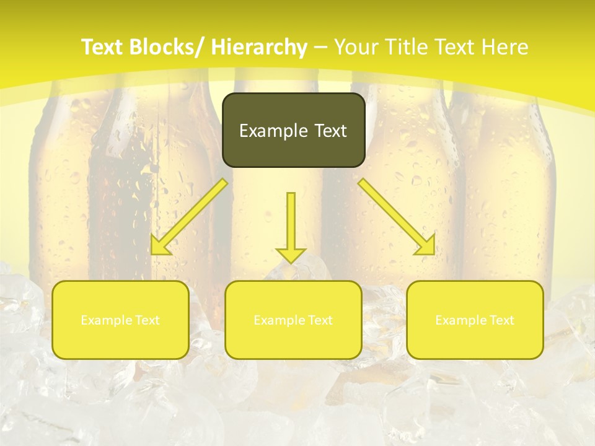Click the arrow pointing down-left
pyautogui.click(x=189, y=217)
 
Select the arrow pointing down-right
pyautogui.click(x=397, y=217)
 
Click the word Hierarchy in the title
pyautogui.click(x=259, y=47)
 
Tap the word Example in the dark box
pyautogui.click(x=273, y=131)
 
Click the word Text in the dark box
pyautogui.click(x=330, y=131)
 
